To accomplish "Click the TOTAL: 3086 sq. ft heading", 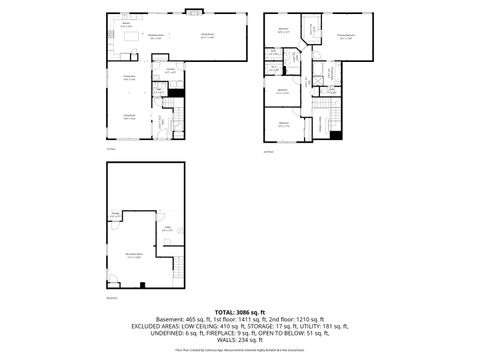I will pos(240,313).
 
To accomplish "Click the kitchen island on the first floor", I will pos(133,38).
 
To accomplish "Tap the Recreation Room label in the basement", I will pos(133,257).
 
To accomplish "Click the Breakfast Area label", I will pos(156,37).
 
